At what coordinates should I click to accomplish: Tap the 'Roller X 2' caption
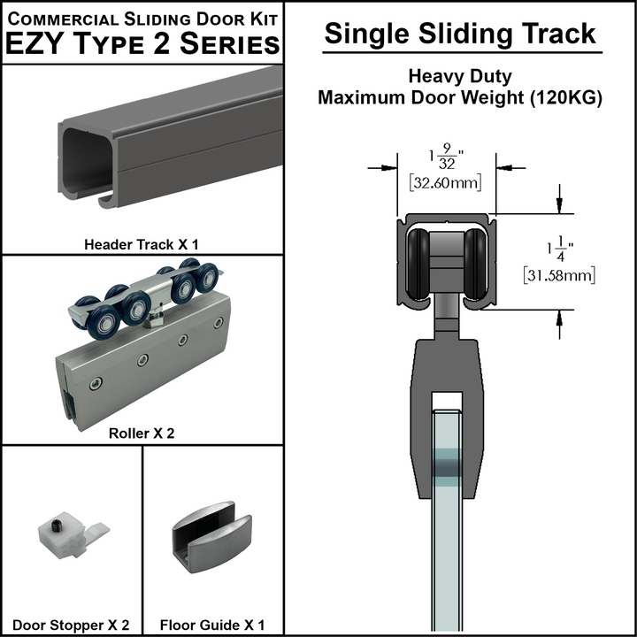[142, 434]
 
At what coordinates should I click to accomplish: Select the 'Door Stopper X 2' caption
[72, 625]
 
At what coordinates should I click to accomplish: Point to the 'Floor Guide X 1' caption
[212, 625]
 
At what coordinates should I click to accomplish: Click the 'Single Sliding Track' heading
[460, 34]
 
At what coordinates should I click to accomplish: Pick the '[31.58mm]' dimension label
[559, 275]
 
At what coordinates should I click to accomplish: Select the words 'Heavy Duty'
[460, 77]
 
